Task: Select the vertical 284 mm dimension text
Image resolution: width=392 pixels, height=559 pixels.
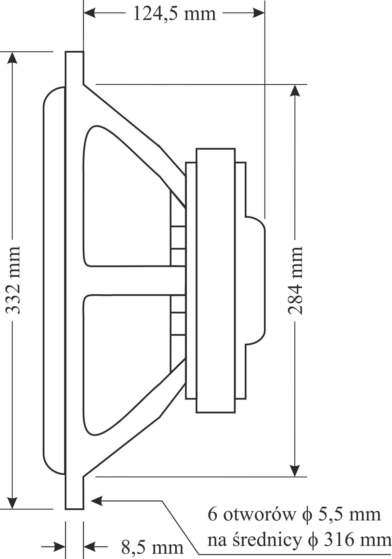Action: coord(295,280)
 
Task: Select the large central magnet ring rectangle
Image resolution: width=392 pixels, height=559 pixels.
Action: coord(216,280)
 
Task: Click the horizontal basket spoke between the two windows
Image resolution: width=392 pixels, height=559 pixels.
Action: coord(135,280)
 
